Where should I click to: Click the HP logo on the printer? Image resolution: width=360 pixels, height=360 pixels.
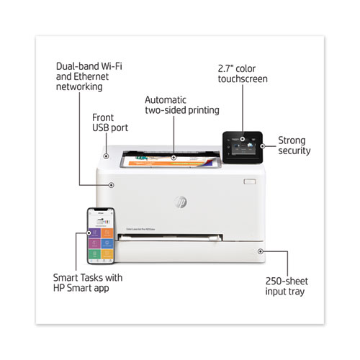[x=181, y=202]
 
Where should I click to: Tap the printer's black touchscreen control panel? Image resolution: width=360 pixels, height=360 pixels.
[x=243, y=148]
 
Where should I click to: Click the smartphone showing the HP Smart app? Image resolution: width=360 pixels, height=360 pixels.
[x=101, y=236]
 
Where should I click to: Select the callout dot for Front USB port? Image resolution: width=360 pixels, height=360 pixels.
[x=106, y=156]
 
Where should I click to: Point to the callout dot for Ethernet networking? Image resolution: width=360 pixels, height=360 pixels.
[x=111, y=185]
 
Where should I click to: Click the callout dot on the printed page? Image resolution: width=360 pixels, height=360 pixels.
[x=174, y=158]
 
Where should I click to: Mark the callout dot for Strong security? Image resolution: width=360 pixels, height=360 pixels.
[x=263, y=146]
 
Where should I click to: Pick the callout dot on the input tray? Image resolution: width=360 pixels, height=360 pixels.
[x=261, y=251]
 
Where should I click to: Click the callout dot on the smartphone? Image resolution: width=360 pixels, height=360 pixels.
[x=89, y=233]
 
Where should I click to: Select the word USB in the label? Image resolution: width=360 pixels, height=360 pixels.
[x=101, y=128]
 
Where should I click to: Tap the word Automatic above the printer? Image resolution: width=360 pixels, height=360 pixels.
[x=166, y=100]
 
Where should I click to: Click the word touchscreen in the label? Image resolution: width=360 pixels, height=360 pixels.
[x=243, y=79]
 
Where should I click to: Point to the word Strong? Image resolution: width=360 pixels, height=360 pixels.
[x=292, y=141]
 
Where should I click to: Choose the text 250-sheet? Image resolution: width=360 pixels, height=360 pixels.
[x=287, y=281]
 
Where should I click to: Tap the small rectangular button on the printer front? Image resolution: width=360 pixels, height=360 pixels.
[x=250, y=181]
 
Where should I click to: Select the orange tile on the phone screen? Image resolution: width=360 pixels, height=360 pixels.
[x=107, y=233]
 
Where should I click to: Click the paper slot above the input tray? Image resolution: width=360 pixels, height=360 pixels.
[x=170, y=237]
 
